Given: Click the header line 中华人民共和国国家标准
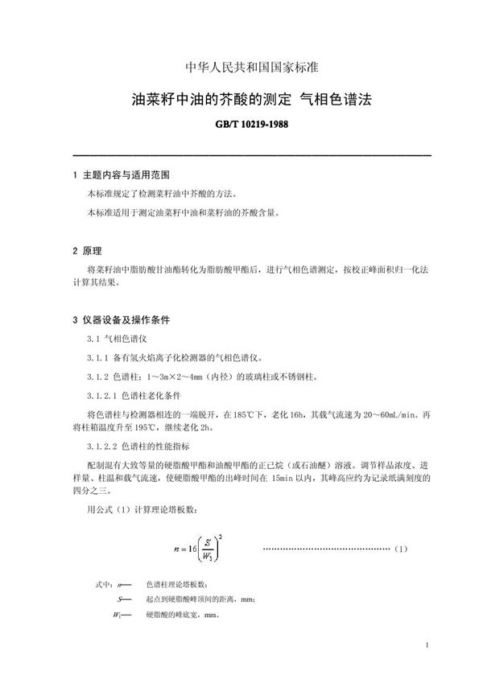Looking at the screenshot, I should point(241,67).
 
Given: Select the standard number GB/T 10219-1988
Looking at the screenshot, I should point(241,127).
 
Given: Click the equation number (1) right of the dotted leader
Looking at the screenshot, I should point(402,549).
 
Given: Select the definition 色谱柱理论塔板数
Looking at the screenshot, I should point(181,586).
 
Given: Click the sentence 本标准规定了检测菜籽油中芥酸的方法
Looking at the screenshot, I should point(163,195).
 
